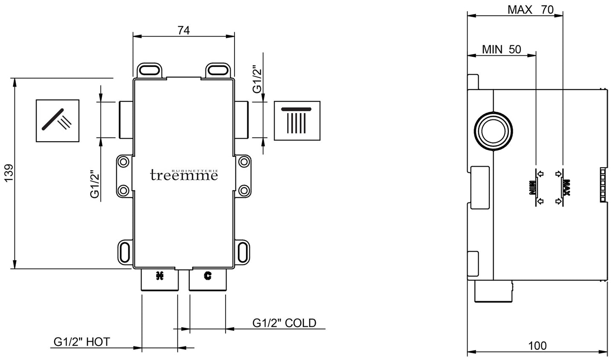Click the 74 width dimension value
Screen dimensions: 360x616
click(x=184, y=30)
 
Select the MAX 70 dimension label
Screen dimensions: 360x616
click(x=530, y=9)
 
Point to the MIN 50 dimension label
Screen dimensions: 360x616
click(x=501, y=49)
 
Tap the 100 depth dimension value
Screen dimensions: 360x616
click(x=537, y=345)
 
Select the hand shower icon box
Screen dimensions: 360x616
click(x=58, y=121)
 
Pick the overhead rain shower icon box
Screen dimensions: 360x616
click(x=297, y=121)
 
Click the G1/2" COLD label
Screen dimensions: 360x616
click(x=284, y=323)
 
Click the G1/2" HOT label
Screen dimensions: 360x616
click(x=81, y=342)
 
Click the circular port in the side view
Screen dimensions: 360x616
click(x=493, y=131)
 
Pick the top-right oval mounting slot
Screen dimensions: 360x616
click(x=218, y=69)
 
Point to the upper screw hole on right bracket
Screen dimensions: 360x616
click(x=243, y=162)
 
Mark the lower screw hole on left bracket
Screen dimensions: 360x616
click(x=124, y=190)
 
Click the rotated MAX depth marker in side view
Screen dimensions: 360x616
click(x=566, y=187)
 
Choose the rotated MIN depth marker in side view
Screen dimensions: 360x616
click(x=532, y=188)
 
